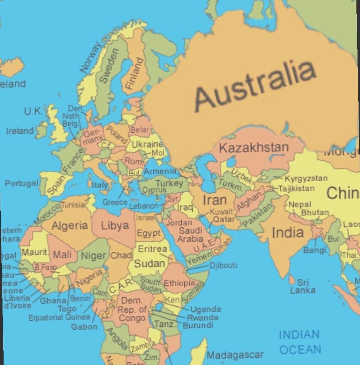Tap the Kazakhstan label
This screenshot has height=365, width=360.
click(254, 147)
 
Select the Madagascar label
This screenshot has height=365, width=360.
click(235, 355)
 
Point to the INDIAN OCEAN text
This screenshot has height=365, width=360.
click(300, 342)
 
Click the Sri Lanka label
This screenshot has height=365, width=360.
click(303, 287)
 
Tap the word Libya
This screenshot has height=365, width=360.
click(115, 225)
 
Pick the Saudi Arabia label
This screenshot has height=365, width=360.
click(191, 235)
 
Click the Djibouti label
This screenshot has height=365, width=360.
click(223, 266)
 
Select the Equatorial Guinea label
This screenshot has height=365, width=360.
click(59, 317)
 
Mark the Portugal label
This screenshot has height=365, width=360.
click(21, 184)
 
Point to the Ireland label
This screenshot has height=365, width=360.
click(20, 131)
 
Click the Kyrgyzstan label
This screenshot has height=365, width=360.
click(306, 178)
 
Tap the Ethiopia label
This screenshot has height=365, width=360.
click(179, 283)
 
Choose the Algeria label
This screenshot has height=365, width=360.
click(70, 226)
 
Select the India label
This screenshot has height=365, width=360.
click(288, 233)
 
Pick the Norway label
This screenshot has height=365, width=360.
click(91, 57)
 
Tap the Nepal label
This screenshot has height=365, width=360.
click(299, 205)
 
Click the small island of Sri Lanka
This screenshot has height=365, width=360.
click(292, 280)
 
